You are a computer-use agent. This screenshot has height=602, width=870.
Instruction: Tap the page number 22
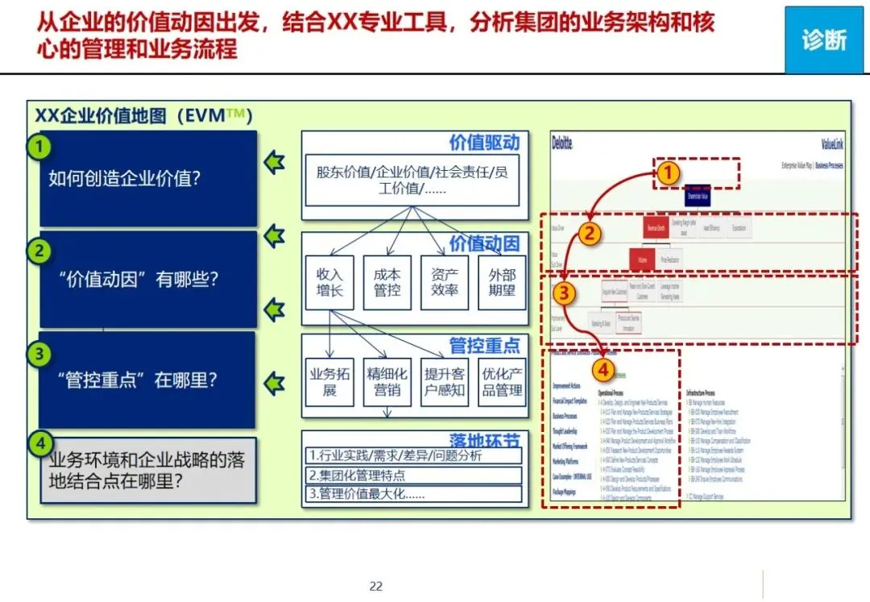pyautogui.click(x=375, y=586)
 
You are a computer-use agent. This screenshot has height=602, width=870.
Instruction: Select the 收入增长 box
pyautogui.click(x=329, y=282)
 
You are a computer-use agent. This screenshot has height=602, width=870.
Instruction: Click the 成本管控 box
pyautogui.click(x=387, y=282)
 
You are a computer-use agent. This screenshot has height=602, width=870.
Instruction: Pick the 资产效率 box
pyautogui.click(x=445, y=282)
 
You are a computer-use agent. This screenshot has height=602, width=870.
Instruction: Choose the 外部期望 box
pyautogui.click(x=502, y=282)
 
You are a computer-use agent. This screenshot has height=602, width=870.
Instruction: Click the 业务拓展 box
pyautogui.click(x=329, y=382)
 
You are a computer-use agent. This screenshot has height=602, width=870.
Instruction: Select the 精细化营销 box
pyautogui.click(x=387, y=382)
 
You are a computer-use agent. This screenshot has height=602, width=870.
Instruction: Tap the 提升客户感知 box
pyautogui.click(x=445, y=382)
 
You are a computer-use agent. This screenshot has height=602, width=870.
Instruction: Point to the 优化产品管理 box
pyautogui.click(x=502, y=382)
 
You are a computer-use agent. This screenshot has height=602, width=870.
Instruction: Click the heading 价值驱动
pyautogui.click(x=484, y=143)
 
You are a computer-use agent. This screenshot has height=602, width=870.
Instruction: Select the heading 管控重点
pyautogui.click(x=484, y=347)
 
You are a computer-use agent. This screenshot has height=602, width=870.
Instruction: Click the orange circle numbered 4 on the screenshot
pyautogui.click(x=602, y=370)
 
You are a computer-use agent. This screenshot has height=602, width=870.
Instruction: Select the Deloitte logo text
pyautogui.click(x=562, y=143)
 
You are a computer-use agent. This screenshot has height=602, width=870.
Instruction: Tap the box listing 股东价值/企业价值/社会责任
pyautogui.click(x=414, y=179)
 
